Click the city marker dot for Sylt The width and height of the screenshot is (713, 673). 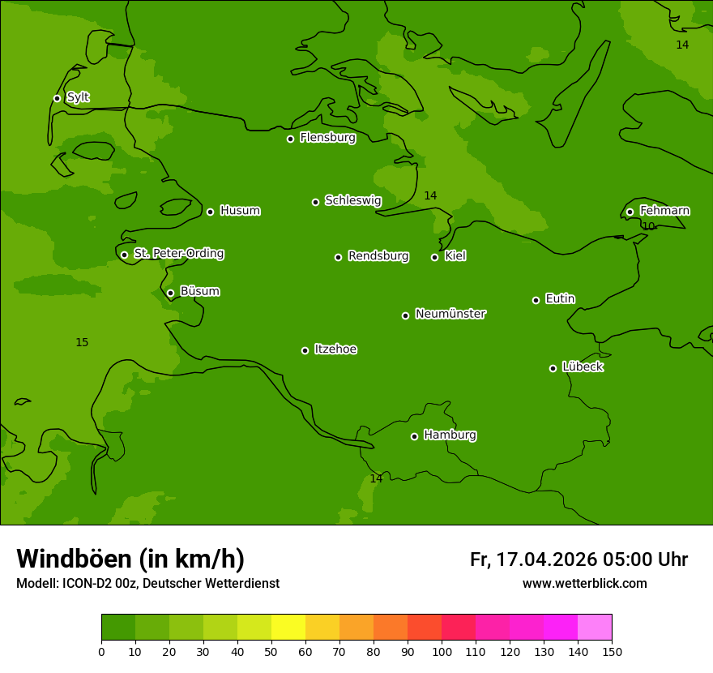tap(57, 98)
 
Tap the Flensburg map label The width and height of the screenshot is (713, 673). tap(327, 138)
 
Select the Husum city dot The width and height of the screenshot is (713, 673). tap(210, 212)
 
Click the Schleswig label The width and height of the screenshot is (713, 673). tap(352, 200)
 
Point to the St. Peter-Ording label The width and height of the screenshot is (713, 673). tap(178, 254)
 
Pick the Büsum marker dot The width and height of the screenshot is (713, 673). tap(170, 293)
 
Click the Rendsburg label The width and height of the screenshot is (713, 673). tap(378, 256)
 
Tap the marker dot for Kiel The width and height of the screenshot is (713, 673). tap(434, 257)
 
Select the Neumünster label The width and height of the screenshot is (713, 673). tap(450, 314)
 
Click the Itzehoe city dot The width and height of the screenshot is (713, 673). tap(305, 350)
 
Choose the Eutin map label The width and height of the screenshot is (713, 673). tap(560, 299)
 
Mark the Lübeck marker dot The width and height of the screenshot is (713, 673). tap(553, 368)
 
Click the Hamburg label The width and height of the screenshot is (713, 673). tap(450, 435)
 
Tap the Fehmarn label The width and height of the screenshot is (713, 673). tap(664, 211)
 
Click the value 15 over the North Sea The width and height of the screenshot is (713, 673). tap(82, 343)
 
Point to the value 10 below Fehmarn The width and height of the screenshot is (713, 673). tap(648, 226)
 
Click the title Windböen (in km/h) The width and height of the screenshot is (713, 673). tap(130, 559)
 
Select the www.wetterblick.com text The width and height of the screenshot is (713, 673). tap(584, 583)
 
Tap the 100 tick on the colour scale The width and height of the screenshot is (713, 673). tap(442, 651)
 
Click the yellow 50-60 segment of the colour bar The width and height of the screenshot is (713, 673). tap(288, 628)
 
